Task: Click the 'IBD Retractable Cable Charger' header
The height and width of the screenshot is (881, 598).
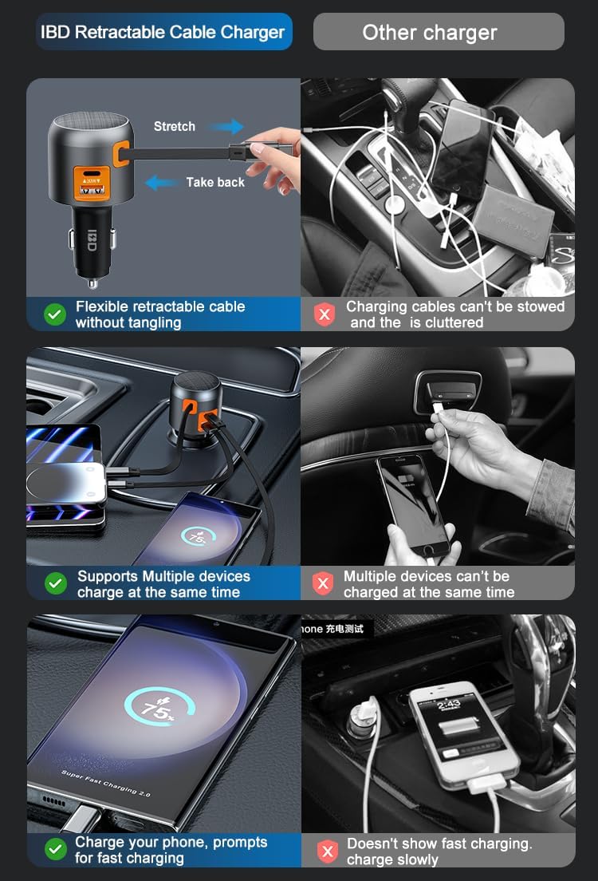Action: (163, 33)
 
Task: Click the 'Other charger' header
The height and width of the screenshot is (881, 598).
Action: (430, 33)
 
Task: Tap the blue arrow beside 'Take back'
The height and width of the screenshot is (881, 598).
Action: (162, 183)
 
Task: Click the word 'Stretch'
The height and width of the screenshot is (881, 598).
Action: (175, 127)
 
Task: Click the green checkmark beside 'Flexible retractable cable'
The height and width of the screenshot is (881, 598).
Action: (55, 314)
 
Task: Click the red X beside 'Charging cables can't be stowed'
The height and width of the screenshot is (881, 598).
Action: (324, 314)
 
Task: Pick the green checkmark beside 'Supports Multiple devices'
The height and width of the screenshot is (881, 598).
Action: (55, 584)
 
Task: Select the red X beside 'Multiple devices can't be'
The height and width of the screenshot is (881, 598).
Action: (323, 584)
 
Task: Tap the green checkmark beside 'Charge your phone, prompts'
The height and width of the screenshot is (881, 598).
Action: (55, 850)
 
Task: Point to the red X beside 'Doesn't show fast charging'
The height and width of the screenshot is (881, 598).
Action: (327, 851)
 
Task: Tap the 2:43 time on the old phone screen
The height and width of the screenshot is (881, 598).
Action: (449, 704)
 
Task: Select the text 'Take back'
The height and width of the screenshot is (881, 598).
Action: (215, 183)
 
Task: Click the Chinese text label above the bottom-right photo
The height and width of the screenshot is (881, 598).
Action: (339, 629)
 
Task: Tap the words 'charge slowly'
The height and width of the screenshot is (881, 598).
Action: (392, 859)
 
